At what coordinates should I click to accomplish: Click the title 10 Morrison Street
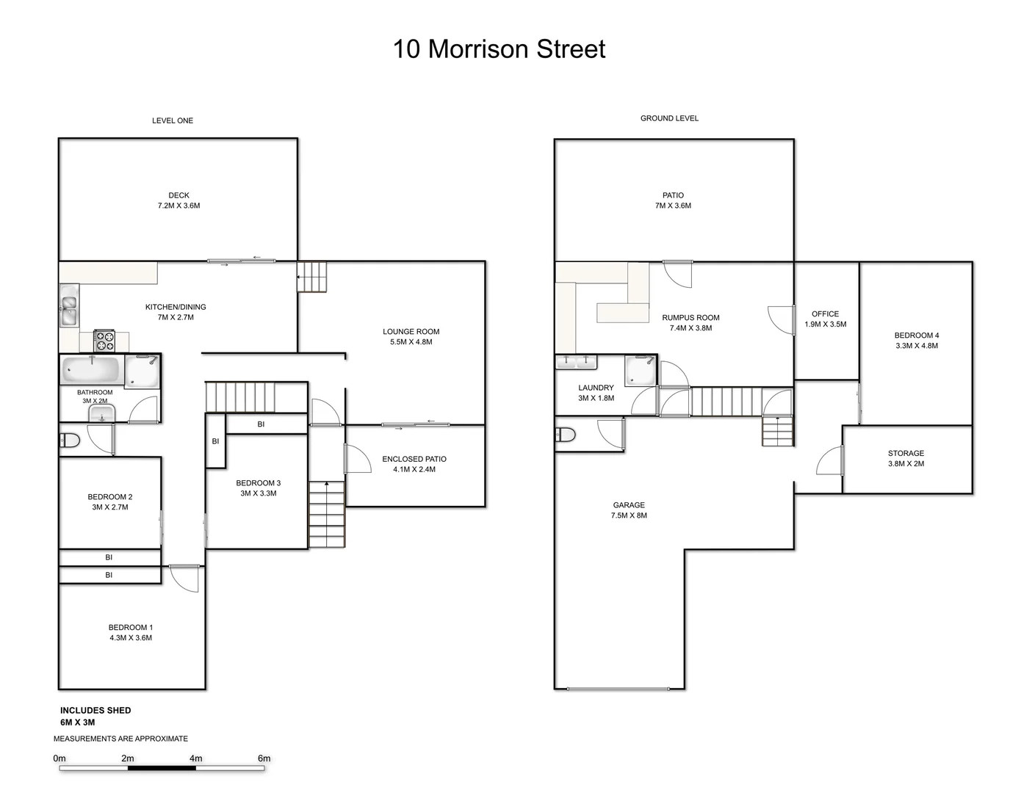coord(499,49)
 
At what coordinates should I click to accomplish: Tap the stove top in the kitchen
coord(104,341)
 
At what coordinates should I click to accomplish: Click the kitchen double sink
coord(68,308)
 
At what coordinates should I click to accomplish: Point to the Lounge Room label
coord(411,332)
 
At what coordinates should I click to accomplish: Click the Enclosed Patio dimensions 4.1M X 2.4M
coord(414,469)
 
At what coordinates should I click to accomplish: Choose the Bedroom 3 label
coord(258,483)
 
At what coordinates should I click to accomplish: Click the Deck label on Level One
coord(178,195)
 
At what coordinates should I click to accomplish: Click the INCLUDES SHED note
coord(95,710)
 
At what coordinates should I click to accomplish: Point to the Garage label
coord(629,505)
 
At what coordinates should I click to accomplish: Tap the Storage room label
coord(906,454)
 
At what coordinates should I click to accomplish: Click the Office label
coord(825,314)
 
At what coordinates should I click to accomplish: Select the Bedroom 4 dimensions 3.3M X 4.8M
coord(916,346)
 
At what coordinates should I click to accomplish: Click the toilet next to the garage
coord(566,435)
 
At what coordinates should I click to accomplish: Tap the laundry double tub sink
coord(576,361)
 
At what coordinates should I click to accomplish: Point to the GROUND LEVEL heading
coord(669,118)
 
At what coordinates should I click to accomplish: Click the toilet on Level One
coord(69,441)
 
